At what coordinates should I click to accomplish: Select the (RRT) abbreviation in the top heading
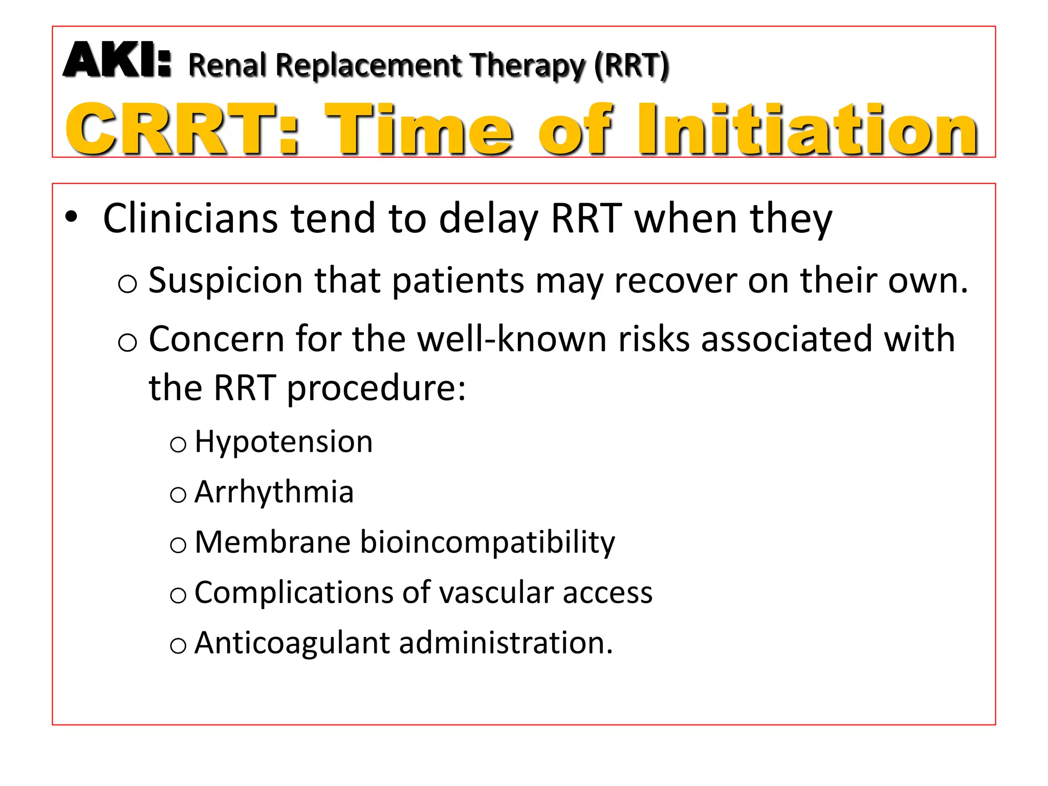[631, 65]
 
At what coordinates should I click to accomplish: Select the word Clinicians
[190, 219]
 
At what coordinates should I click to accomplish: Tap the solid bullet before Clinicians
[71, 217]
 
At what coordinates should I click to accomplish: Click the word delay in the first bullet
[488, 219]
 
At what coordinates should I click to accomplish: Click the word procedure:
[376, 388]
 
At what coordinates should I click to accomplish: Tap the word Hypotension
[283, 442]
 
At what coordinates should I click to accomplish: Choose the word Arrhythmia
[274, 492]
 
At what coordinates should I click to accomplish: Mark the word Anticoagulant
[292, 643]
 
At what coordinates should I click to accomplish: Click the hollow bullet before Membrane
[178, 545]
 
